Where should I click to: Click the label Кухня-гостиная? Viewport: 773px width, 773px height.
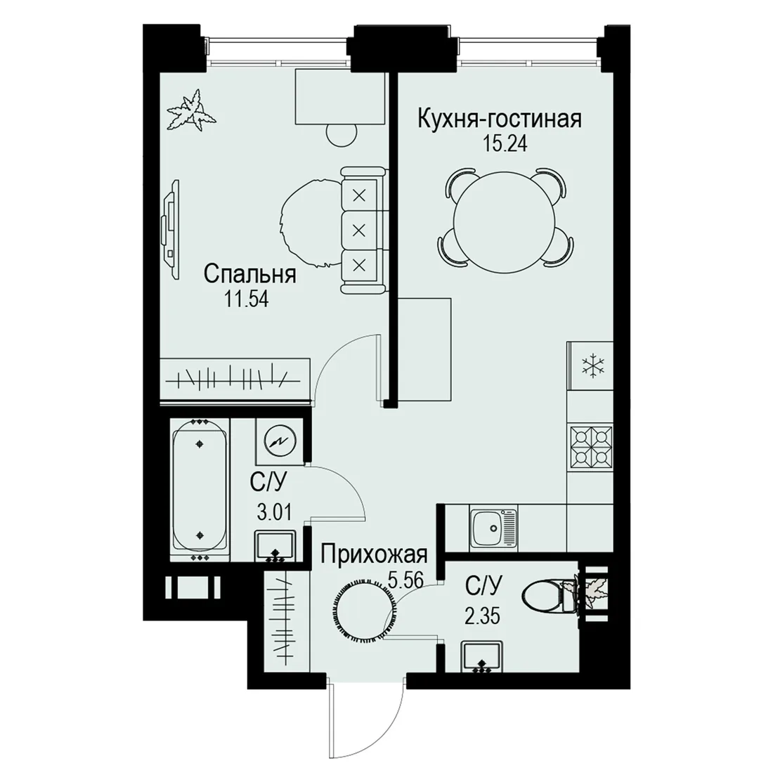500,119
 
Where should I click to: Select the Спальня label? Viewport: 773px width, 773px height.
250,275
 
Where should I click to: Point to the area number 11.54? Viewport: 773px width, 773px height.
247,299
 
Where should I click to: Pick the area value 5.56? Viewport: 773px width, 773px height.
405,580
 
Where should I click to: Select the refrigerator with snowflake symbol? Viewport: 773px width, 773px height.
590,366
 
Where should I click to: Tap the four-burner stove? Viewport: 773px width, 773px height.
590,448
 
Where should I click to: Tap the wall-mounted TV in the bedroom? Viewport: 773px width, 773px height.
171,230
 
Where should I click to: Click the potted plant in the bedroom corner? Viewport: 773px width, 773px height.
190,110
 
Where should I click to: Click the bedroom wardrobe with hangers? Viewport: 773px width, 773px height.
234,377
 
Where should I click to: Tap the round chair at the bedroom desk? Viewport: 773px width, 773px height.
342,133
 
